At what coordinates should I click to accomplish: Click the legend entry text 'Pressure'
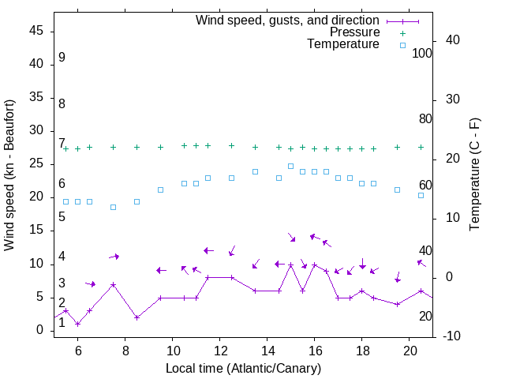point(354,32)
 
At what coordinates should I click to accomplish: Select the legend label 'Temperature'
point(343,45)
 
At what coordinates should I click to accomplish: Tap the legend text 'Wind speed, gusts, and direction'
point(287,20)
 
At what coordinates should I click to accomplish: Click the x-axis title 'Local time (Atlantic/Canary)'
point(243,369)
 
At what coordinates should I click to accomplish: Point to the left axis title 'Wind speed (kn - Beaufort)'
point(9,175)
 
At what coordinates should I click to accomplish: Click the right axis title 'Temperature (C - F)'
point(474,175)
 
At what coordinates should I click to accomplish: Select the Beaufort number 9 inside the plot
point(62,58)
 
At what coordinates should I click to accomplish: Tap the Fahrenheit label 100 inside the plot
point(422,54)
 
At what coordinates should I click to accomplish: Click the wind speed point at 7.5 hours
point(113,285)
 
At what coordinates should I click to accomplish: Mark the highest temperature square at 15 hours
point(290,166)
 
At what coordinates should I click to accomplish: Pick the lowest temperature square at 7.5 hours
point(113,207)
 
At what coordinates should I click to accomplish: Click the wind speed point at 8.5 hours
point(137,317)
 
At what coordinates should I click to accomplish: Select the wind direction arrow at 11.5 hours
point(208,250)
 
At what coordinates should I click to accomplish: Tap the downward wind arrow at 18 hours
point(362,264)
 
